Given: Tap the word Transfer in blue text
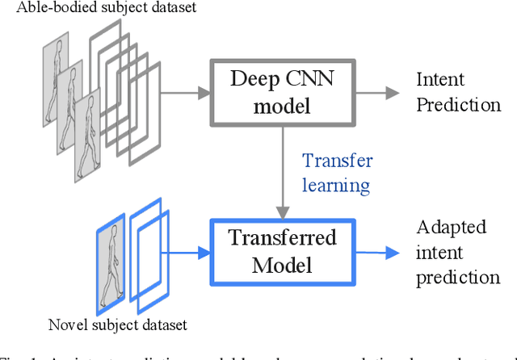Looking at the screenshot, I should (337, 161).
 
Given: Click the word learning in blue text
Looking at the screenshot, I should (336, 185).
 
